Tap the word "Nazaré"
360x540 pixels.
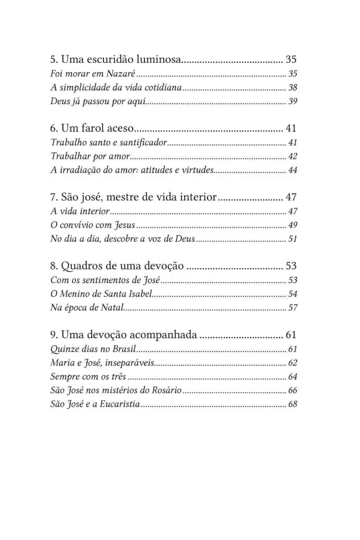coord(120,74)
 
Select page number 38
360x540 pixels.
coord(292,87)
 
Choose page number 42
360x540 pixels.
coord(292,156)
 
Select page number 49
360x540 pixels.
coord(292,226)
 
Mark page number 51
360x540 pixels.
coord(292,239)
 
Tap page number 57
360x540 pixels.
coord(292,308)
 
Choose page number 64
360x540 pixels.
coord(292,377)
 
